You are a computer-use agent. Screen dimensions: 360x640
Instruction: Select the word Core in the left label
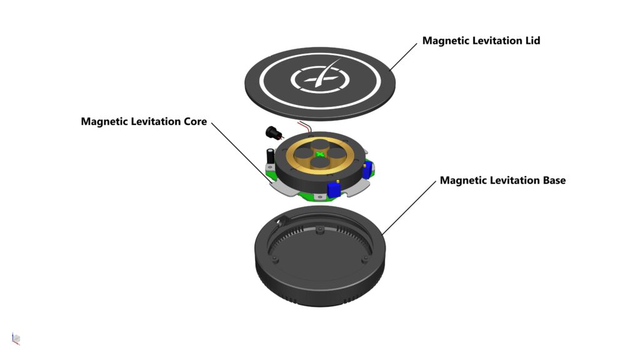[x=194, y=121]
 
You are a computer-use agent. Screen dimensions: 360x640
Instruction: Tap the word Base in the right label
[x=552, y=181]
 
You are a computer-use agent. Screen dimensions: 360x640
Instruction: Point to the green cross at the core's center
[x=319, y=154]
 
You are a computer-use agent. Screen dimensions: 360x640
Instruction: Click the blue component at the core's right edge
[x=367, y=167]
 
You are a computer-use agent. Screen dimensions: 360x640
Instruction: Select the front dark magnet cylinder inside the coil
[x=319, y=163]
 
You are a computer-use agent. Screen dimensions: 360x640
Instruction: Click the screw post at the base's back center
[x=319, y=232]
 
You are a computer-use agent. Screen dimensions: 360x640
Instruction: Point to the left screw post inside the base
[x=275, y=257]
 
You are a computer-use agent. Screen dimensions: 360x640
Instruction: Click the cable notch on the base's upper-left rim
[x=279, y=220]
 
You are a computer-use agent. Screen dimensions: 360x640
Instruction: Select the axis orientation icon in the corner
[x=16, y=338]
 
